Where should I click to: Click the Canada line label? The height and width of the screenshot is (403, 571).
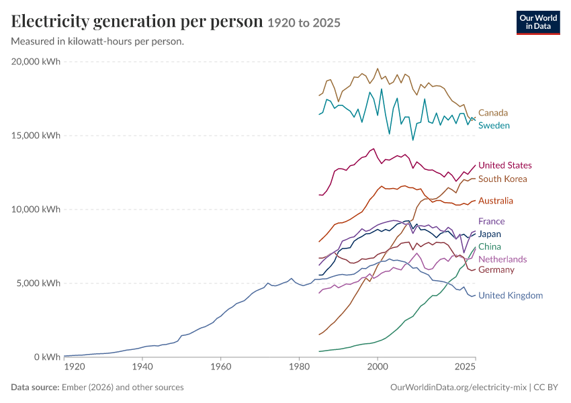pyautogui.click(x=492, y=113)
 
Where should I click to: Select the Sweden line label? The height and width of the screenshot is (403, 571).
pyautogui.click(x=494, y=126)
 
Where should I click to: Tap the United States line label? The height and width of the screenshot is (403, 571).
pyautogui.click(x=504, y=165)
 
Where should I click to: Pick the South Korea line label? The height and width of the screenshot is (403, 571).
pyautogui.click(x=502, y=179)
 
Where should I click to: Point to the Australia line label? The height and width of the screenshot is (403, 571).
pyautogui.click(x=495, y=201)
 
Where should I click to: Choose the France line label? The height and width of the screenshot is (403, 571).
pyautogui.click(x=491, y=222)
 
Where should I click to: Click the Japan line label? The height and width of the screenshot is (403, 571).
pyautogui.click(x=490, y=234)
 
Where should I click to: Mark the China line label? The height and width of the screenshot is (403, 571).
pyautogui.click(x=490, y=247)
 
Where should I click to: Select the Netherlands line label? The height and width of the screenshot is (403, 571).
pyautogui.click(x=502, y=259)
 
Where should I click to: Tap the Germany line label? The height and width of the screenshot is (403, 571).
pyautogui.click(x=496, y=270)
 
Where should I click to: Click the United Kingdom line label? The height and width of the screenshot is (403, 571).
pyautogui.click(x=510, y=296)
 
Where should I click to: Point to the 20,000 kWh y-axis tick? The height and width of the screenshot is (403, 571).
pyautogui.click(x=36, y=62)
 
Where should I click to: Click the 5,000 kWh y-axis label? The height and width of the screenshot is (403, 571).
pyautogui.click(x=38, y=283)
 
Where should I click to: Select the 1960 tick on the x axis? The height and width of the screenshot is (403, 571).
pyautogui.click(x=221, y=366)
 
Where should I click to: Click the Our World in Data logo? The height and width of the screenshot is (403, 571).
pyautogui.click(x=538, y=23)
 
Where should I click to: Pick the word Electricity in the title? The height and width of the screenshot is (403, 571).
pyautogui.click(x=50, y=22)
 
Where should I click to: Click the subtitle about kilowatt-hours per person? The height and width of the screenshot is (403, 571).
pyautogui.click(x=97, y=42)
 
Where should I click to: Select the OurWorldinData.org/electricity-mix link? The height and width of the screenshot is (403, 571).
pyautogui.click(x=458, y=387)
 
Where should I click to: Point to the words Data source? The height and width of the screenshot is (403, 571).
pyautogui.click(x=35, y=387)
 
